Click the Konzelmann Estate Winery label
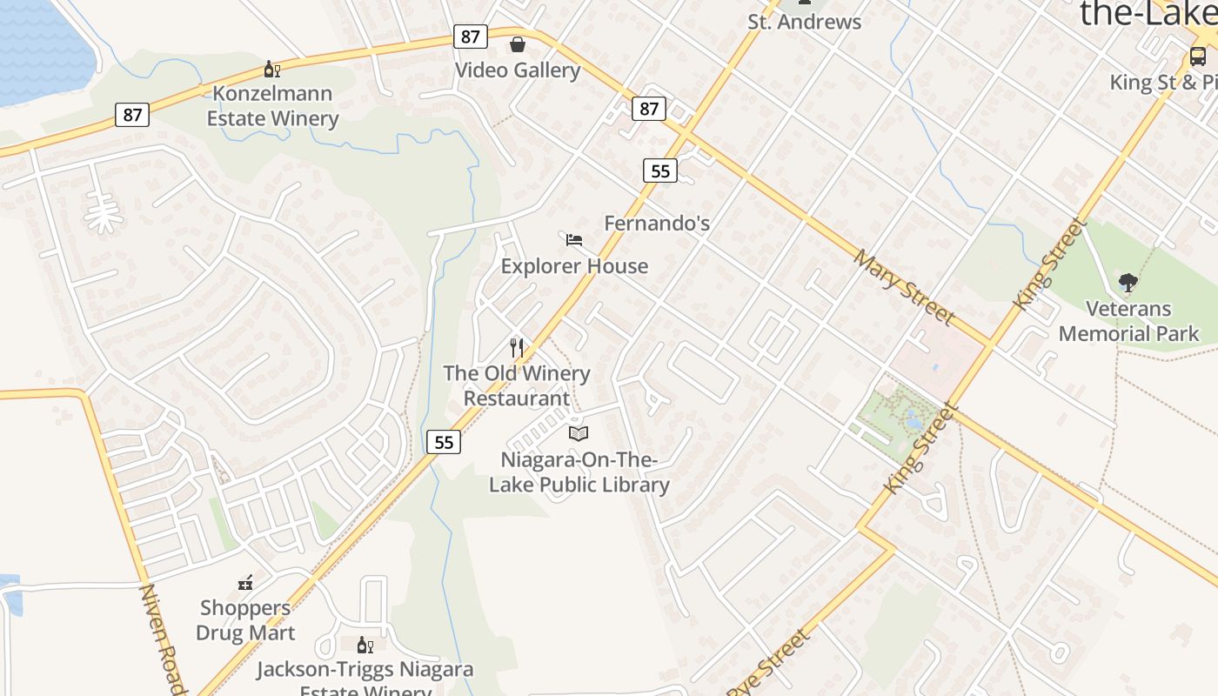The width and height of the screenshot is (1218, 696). [272, 105]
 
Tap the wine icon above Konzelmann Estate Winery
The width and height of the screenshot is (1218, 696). [272, 70]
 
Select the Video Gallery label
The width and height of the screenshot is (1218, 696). [518, 70]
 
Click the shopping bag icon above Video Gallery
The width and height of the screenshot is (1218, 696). [518, 43]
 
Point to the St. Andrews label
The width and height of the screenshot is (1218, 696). [804, 22]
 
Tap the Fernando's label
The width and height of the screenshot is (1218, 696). [657, 223]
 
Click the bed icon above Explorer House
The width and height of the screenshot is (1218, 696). [574, 239]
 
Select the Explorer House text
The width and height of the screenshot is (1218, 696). [574, 265]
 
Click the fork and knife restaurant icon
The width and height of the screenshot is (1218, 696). [517, 348]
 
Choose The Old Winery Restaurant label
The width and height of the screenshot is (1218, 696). [517, 385]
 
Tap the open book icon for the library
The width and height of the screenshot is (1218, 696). [579, 432]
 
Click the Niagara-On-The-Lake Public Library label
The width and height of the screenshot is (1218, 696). [579, 472]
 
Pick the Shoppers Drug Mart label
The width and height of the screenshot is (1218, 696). [245, 619]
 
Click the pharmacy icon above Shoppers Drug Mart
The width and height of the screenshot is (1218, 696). [245, 583]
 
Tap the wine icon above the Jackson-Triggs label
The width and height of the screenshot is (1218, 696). [365, 645]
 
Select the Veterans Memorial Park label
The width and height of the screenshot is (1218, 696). [1128, 321]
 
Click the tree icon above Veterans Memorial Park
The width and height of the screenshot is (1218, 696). [1128, 283]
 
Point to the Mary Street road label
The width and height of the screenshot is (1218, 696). [904, 286]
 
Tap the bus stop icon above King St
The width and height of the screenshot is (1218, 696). [1198, 57]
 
